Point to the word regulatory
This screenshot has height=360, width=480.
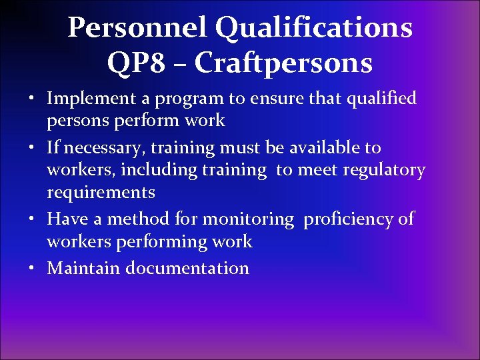[x=384, y=171]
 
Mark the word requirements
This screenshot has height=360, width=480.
[x=101, y=193]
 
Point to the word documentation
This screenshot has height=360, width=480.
[x=187, y=268]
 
